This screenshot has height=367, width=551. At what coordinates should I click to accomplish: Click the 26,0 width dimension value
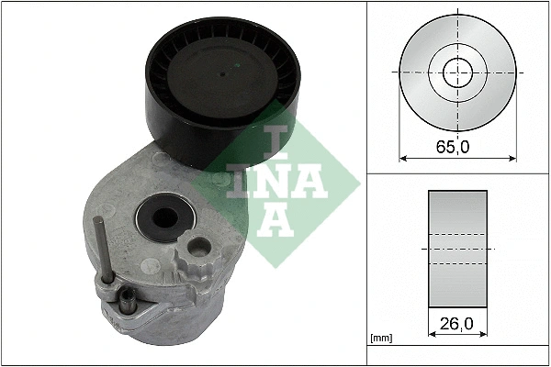457,324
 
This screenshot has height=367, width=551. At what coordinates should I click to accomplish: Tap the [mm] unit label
379,339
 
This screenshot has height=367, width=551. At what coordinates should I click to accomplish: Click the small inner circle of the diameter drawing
455,71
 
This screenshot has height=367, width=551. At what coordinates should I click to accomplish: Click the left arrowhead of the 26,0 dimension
432,335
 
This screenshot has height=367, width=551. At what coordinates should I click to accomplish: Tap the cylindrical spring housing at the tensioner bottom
170,321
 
